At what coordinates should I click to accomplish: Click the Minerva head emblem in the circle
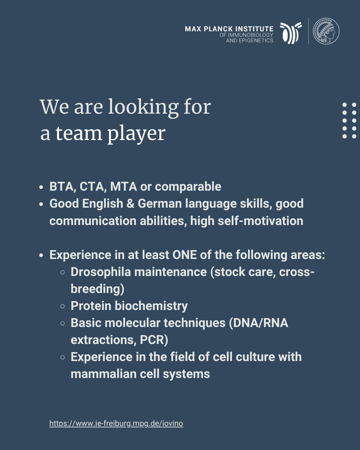click(326, 31)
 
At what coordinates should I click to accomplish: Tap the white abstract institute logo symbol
click(291, 33)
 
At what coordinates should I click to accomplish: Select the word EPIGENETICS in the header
click(256, 40)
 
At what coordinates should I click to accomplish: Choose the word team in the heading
click(79, 133)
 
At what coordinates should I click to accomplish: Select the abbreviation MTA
click(123, 186)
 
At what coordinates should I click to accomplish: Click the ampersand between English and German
click(130, 203)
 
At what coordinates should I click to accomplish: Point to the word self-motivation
click(260, 221)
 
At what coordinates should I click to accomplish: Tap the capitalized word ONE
click(184, 255)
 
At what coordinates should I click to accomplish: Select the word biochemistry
click(151, 306)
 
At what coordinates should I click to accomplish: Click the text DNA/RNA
click(261, 323)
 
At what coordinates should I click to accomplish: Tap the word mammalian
click(104, 374)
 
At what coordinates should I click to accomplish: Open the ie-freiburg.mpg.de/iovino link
click(116, 423)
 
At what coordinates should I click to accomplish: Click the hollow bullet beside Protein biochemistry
click(63, 306)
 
